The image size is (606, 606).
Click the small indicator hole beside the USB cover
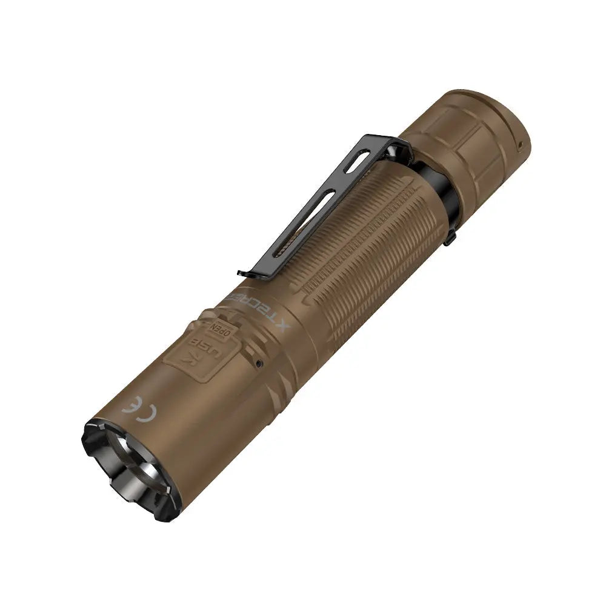pyautogui.click(x=259, y=364)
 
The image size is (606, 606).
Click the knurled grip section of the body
pyautogui.click(x=364, y=242)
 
